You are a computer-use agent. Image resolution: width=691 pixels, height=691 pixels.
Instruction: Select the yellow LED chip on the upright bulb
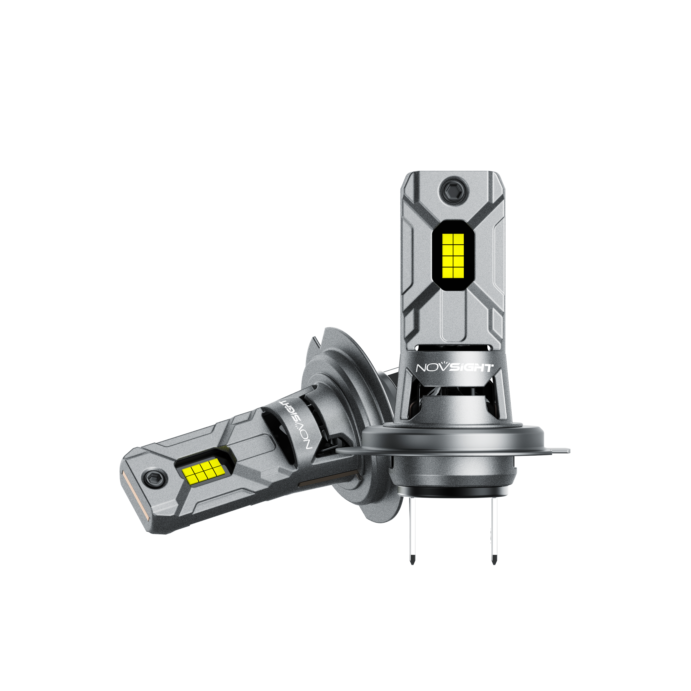(453, 256)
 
